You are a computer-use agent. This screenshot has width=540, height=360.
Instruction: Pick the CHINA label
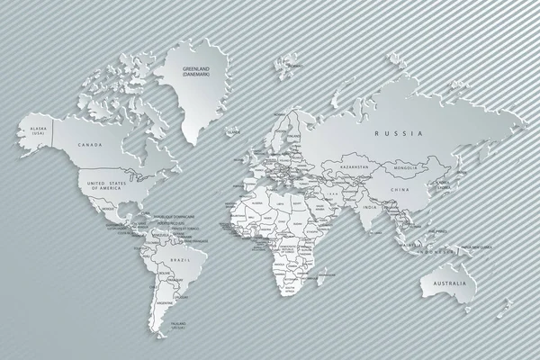pos(401,190)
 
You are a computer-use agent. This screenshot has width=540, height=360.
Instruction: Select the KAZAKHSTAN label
pos(355,167)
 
